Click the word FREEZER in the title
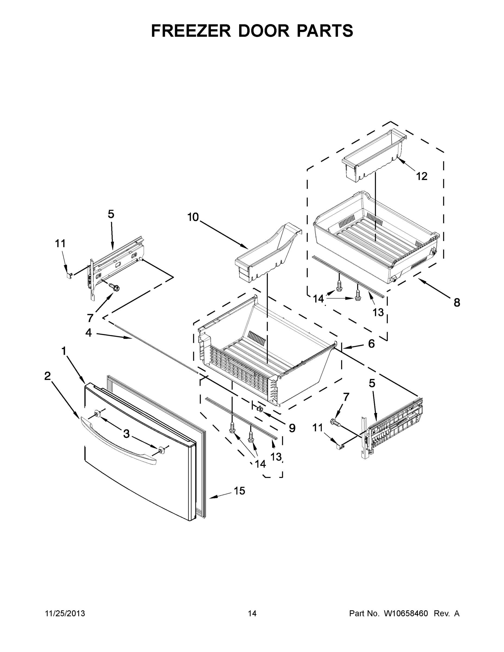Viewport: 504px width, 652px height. click(191, 31)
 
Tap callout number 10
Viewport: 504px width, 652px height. click(193, 217)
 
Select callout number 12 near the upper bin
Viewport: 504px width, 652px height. click(422, 176)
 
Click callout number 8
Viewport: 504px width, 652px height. click(457, 303)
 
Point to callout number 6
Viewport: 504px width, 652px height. click(371, 344)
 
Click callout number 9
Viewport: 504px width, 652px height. click(292, 428)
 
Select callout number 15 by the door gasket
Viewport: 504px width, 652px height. click(239, 490)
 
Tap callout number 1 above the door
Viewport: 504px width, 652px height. click(64, 351)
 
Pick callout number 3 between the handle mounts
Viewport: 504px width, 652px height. click(126, 434)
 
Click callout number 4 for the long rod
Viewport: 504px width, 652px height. click(88, 332)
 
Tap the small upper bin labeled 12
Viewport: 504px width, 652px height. click(373, 155)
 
